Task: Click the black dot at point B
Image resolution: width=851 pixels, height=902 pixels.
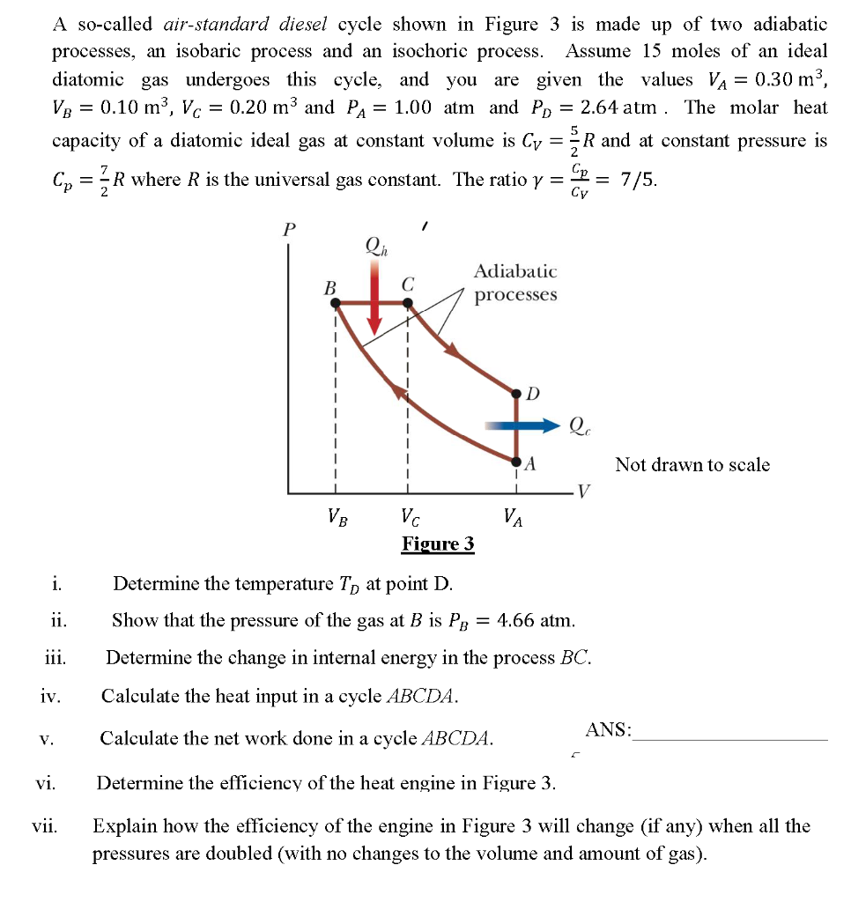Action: click(x=336, y=303)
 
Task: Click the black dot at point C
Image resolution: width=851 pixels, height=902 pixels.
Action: click(x=407, y=303)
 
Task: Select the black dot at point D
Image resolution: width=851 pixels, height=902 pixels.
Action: click(x=518, y=391)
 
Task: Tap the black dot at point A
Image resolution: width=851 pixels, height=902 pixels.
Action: click(x=518, y=459)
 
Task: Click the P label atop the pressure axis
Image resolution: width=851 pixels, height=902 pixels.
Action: click(x=288, y=230)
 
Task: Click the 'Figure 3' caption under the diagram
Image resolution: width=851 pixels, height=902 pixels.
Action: click(x=438, y=543)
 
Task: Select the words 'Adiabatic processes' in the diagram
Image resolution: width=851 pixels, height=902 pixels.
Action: click(x=515, y=283)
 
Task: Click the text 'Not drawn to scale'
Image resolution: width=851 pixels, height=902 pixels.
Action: click(x=692, y=464)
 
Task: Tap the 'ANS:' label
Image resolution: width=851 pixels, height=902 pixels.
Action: click(x=608, y=729)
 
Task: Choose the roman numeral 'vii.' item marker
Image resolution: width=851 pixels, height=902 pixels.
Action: click(x=45, y=826)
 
